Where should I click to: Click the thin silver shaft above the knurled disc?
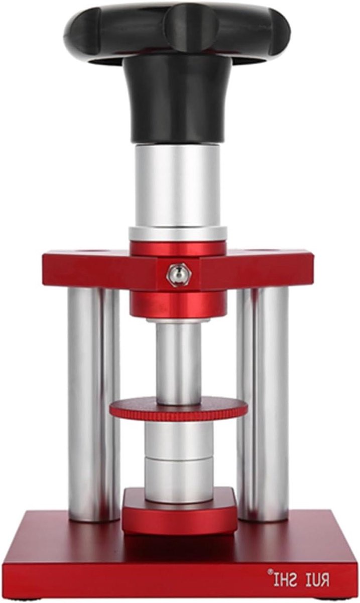(178, 362)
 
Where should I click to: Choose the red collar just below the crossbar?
(179, 304)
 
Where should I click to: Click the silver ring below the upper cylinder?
(178, 234)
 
